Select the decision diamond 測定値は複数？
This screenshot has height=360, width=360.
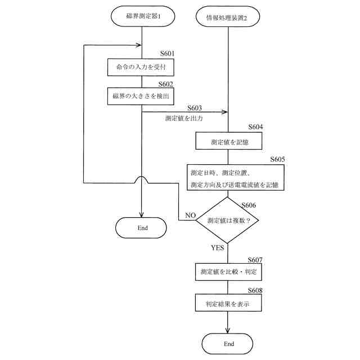(228, 220)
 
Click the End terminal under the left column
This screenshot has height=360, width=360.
(142, 228)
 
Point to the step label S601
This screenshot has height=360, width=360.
(166, 54)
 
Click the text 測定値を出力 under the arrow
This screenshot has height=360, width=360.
(184, 119)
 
